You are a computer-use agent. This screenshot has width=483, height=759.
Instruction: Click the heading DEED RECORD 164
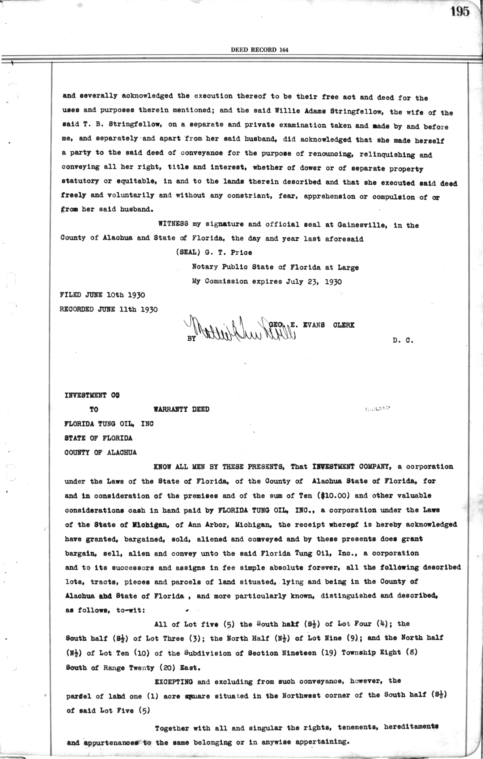(x=260, y=50)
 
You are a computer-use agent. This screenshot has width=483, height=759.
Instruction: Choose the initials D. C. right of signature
(x=402, y=340)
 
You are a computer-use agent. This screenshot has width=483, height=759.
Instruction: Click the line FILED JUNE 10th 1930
(x=102, y=295)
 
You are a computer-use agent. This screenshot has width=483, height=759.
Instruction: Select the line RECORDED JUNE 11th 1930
(x=109, y=309)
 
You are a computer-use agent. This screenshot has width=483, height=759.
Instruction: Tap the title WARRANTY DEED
(x=182, y=409)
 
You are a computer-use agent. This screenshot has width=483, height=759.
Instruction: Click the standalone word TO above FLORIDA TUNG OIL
(x=94, y=409)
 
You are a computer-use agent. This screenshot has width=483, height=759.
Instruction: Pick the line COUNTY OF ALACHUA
(x=101, y=452)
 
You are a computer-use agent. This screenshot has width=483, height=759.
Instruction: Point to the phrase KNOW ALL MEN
(x=175, y=467)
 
